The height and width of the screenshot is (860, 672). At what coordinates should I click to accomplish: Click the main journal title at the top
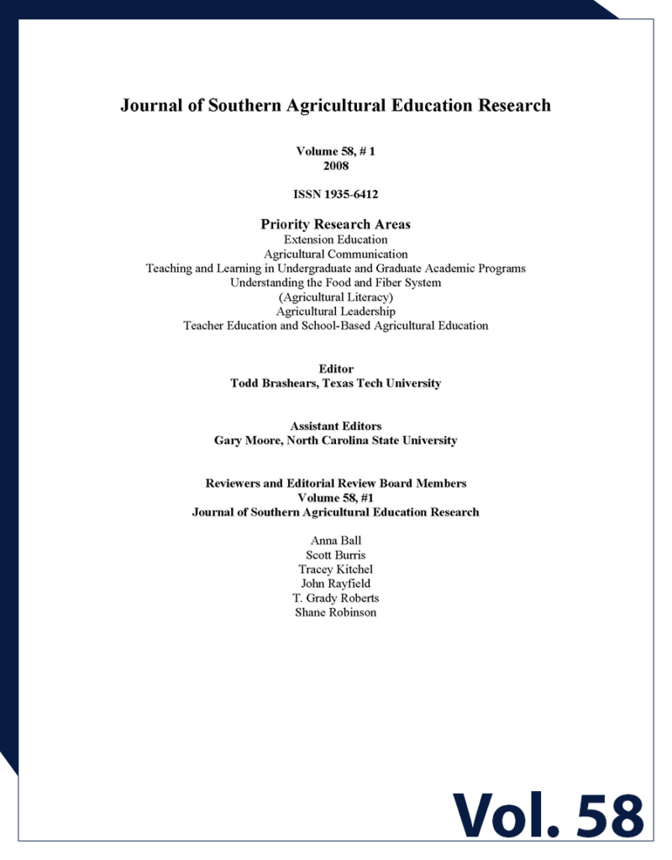[335, 106]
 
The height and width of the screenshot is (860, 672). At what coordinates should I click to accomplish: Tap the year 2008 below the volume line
[335, 165]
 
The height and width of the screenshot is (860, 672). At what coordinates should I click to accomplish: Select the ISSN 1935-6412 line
[335, 195]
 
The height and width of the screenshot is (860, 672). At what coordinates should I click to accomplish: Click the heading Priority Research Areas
[335, 224]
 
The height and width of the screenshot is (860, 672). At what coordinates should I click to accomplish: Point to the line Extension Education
[335, 239]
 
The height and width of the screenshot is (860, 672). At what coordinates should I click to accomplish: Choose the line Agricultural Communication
[335, 254]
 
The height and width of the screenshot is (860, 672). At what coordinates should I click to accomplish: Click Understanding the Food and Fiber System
[335, 282]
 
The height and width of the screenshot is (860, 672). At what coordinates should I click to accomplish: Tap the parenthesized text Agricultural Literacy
[335, 296]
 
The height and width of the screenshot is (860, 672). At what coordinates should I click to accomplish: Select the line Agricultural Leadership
[335, 311]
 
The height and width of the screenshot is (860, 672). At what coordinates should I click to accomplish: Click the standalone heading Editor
[336, 369]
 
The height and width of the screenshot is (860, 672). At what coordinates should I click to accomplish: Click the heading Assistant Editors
[335, 426]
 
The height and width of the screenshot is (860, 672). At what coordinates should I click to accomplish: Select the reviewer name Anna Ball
[335, 540]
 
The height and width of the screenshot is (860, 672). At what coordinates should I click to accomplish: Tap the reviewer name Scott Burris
[335, 554]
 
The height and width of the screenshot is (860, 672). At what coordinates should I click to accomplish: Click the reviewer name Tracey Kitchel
[335, 569]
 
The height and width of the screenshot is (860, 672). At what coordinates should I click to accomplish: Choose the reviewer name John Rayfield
[335, 584]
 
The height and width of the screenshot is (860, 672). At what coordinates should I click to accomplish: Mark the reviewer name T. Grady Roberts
[335, 598]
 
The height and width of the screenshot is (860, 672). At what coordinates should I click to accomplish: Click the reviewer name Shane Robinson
[335, 612]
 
